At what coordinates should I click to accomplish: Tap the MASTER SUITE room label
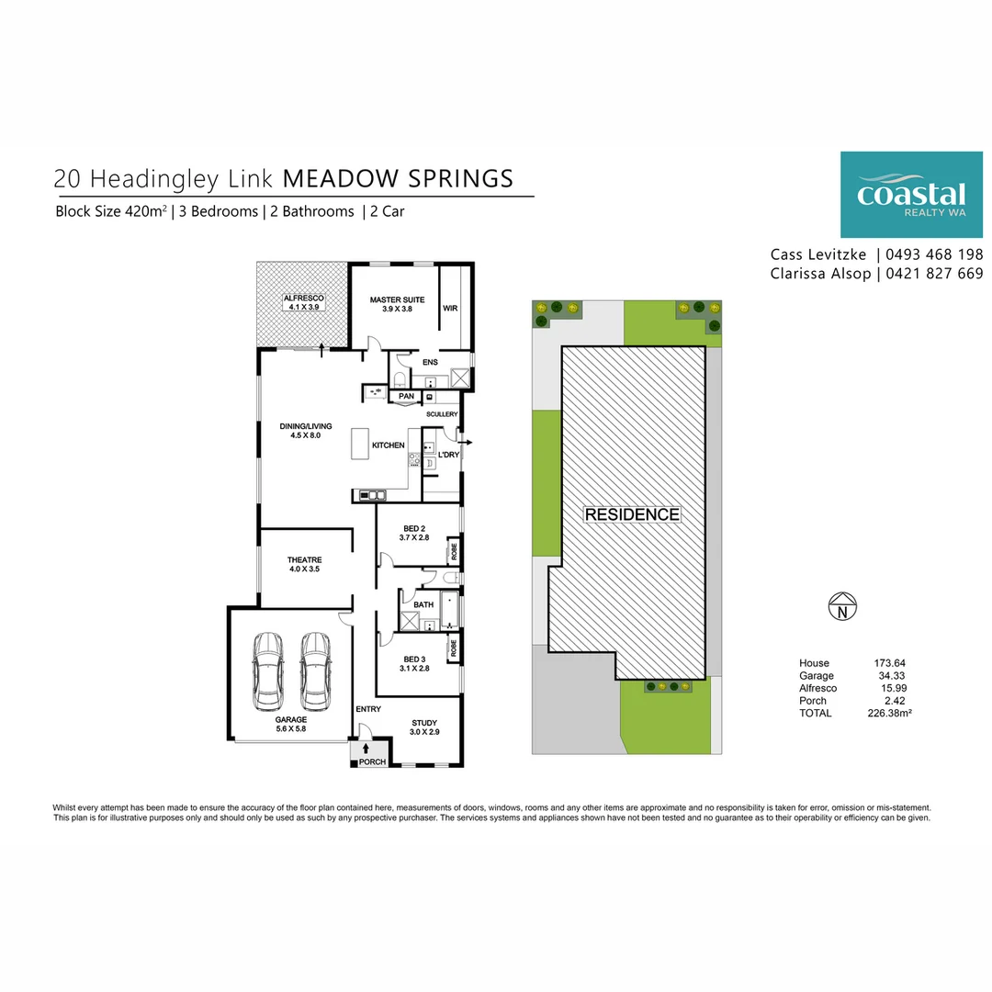pyautogui.click(x=397, y=300)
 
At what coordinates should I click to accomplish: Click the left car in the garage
pyautogui.click(x=269, y=671)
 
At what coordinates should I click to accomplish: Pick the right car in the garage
pyautogui.click(x=315, y=671)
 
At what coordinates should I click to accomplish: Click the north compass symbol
pyautogui.click(x=842, y=607)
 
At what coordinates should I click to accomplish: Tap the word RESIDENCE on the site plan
pyautogui.click(x=632, y=514)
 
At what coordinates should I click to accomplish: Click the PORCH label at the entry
pyautogui.click(x=372, y=762)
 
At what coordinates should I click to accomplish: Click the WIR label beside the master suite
pyautogui.click(x=450, y=309)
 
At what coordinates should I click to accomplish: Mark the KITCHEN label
pyautogui.click(x=388, y=445)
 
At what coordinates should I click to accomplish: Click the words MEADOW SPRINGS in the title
pyautogui.click(x=398, y=177)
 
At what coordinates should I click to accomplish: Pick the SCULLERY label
pyautogui.click(x=442, y=415)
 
